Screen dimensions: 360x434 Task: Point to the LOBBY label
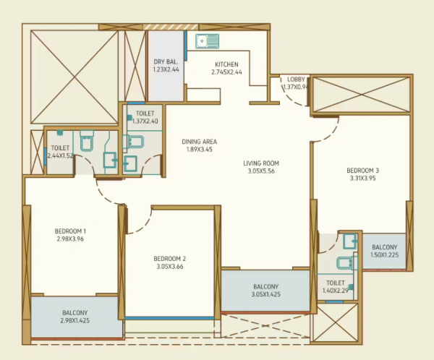point(296,79)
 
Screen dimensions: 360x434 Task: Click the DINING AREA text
point(199,142)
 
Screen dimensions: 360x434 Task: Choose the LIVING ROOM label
point(261,163)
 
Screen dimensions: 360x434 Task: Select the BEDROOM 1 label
point(70,231)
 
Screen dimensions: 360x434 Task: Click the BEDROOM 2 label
point(170,259)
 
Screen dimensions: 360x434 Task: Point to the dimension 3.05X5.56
point(261,172)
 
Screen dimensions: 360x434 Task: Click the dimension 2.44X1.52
point(59,155)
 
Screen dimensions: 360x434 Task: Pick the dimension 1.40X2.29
point(336,291)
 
